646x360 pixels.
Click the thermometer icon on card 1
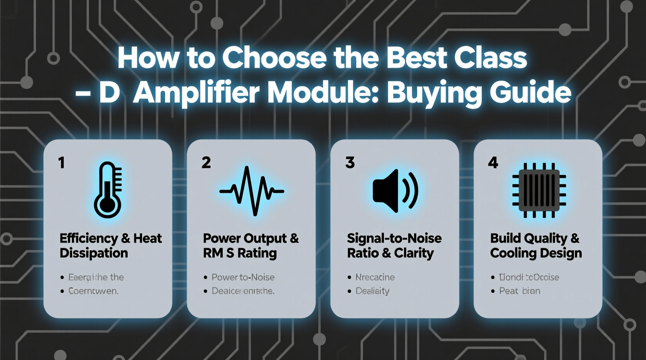(108, 190)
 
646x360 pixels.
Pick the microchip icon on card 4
(539, 190)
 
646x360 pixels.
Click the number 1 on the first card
(61, 163)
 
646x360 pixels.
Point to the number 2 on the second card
(206, 163)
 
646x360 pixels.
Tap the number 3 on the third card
(350, 163)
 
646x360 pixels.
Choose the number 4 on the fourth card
(493, 163)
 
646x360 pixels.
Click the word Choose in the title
(274, 58)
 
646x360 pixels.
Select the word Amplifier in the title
(196, 93)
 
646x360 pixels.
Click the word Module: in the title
(323, 93)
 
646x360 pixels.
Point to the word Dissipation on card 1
(94, 253)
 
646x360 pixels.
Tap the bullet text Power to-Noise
(243, 277)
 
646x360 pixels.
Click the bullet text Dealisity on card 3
(372, 291)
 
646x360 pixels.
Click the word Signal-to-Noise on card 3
(394, 238)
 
